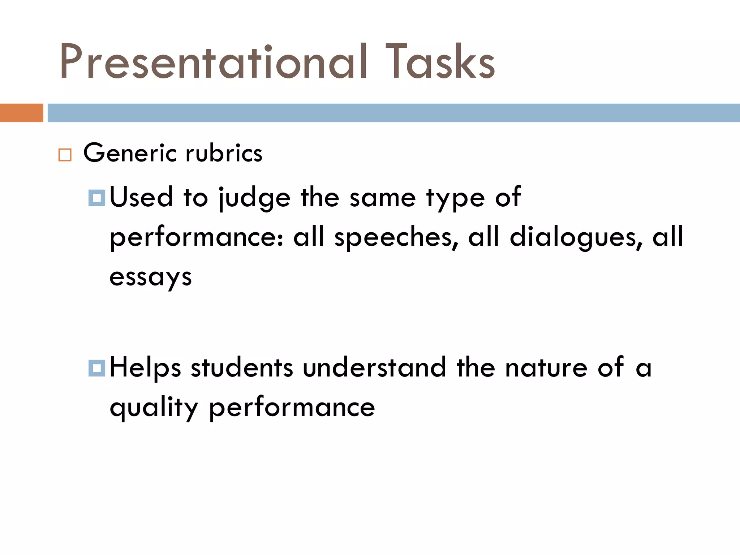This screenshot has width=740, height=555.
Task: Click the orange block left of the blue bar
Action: [21, 113]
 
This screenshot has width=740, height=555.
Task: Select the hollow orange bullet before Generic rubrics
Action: [65, 155]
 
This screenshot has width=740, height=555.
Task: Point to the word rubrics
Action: [224, 153]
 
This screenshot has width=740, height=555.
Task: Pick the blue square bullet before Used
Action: [96, 198]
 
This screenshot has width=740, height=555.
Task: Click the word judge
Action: [254, 198]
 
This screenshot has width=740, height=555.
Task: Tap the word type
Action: [455, 198]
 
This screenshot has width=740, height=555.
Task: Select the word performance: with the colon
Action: [197, 238]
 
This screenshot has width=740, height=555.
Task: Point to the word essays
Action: [150, 277]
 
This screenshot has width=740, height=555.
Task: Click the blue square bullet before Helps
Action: [96, 368]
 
